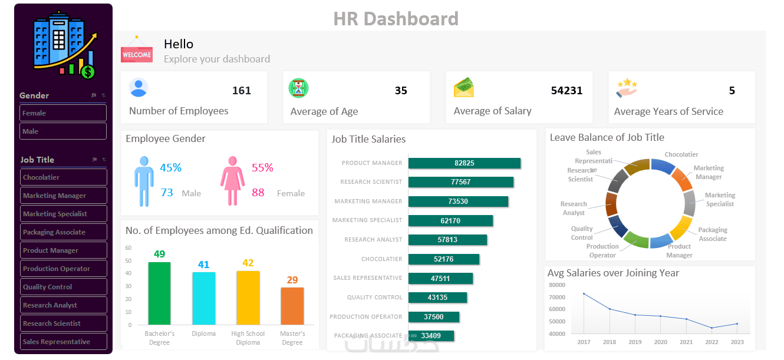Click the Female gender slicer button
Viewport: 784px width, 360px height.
[63, 113]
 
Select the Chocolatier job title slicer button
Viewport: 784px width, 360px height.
[63, 177]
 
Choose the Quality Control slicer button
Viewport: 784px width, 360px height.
[63, 287]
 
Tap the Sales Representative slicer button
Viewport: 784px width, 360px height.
[63, 342]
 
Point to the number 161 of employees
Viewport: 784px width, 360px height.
[242, 91]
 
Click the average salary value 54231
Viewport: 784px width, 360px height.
[566, 91]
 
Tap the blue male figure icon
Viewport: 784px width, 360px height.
[143, 181]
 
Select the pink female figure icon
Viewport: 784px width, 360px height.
[232, 181]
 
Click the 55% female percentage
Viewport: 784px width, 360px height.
[262, 168]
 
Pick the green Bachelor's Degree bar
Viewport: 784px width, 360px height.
[159, 293]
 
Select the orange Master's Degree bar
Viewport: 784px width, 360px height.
[292, 306]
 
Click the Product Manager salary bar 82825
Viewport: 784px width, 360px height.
[464, 163]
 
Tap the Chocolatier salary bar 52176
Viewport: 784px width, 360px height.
[443, 259]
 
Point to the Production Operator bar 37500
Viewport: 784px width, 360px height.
[433, 317]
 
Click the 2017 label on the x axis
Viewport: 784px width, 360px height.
[584, 342]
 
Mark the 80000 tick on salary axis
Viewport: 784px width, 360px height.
[556, 285]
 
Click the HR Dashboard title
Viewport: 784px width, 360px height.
[396, 19]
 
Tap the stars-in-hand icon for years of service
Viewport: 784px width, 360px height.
[627, 88]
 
